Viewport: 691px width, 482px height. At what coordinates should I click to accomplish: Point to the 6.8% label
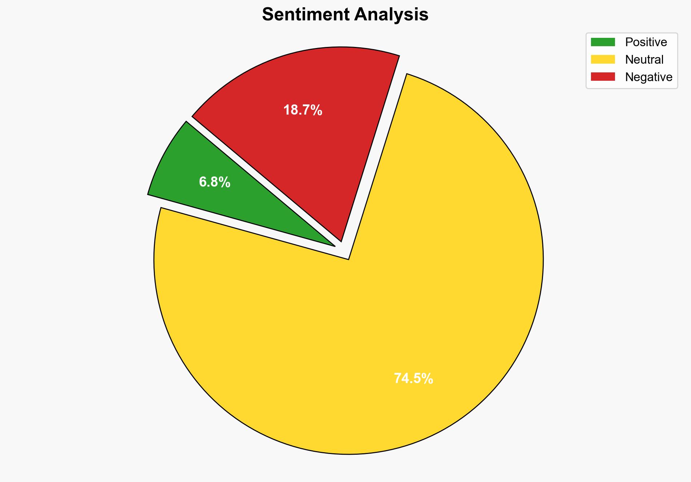pyautogui.click(x=215, y=182)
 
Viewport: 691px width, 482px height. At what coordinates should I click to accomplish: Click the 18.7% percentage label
pyautogui.click(x=303, y=110)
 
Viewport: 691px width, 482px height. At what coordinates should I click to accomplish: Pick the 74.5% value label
pyautogui.click(x=414, y=379)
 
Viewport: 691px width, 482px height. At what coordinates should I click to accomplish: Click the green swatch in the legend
pyautogui.click(x=603, y=42)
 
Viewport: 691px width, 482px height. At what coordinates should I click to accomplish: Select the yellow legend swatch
pyautogui.click(x=603, y=59)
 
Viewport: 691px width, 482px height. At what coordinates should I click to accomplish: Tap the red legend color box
pyautogui.click(x=603, y=77)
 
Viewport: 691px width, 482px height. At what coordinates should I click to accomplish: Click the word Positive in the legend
pyautogui.click(x=646, y=42)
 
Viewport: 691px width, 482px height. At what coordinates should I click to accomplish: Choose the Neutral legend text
pyautogui.click(x=644, y=59)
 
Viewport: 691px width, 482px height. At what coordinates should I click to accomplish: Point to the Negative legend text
pyautogui.click(x=648, y=77)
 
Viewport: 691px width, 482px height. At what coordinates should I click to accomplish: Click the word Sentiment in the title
pyautogui.click(x=305, y=15)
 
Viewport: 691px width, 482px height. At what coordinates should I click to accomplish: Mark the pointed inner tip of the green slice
pyautogui.click(x=333, y=246)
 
